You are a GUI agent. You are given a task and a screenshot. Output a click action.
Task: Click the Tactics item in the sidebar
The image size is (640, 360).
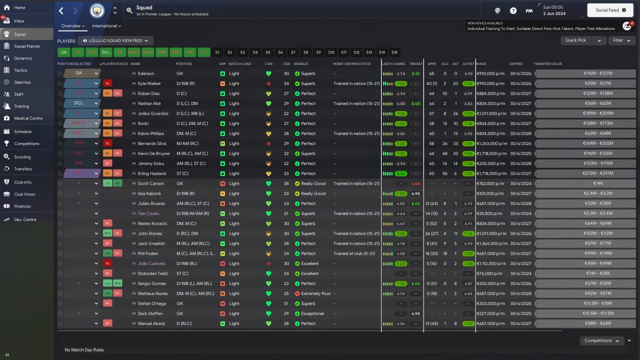[20, 70]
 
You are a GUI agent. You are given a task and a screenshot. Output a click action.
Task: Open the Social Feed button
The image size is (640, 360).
[610, 10]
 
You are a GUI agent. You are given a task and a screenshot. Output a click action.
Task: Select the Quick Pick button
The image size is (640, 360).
[575, 40]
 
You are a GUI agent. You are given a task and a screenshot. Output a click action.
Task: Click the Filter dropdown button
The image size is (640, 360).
[621, 40]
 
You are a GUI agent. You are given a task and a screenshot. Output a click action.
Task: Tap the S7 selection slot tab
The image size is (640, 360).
[293, 52]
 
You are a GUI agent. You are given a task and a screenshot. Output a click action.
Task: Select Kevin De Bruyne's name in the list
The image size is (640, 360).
[153, 153]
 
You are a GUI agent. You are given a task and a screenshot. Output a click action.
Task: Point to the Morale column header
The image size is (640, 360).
[301, 64]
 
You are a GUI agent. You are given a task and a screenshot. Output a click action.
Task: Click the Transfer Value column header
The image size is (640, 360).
[547, 64]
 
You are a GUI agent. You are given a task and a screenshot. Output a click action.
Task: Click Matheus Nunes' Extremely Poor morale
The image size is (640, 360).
[315, 293]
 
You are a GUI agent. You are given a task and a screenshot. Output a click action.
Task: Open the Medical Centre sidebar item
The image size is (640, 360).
[28, 118]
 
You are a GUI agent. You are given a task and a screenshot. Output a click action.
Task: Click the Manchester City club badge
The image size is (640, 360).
[97, 10]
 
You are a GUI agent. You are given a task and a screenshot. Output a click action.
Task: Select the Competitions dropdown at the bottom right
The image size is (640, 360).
[602, 340]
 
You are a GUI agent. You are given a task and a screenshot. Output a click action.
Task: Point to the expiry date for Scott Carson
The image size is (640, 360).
[520, 183]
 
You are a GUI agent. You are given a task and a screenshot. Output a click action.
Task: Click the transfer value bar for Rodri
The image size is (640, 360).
[585, 123]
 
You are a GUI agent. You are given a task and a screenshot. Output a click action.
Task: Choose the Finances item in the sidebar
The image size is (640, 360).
[22, 206]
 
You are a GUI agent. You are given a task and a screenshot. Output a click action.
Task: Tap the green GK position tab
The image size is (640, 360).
[64, 52]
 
